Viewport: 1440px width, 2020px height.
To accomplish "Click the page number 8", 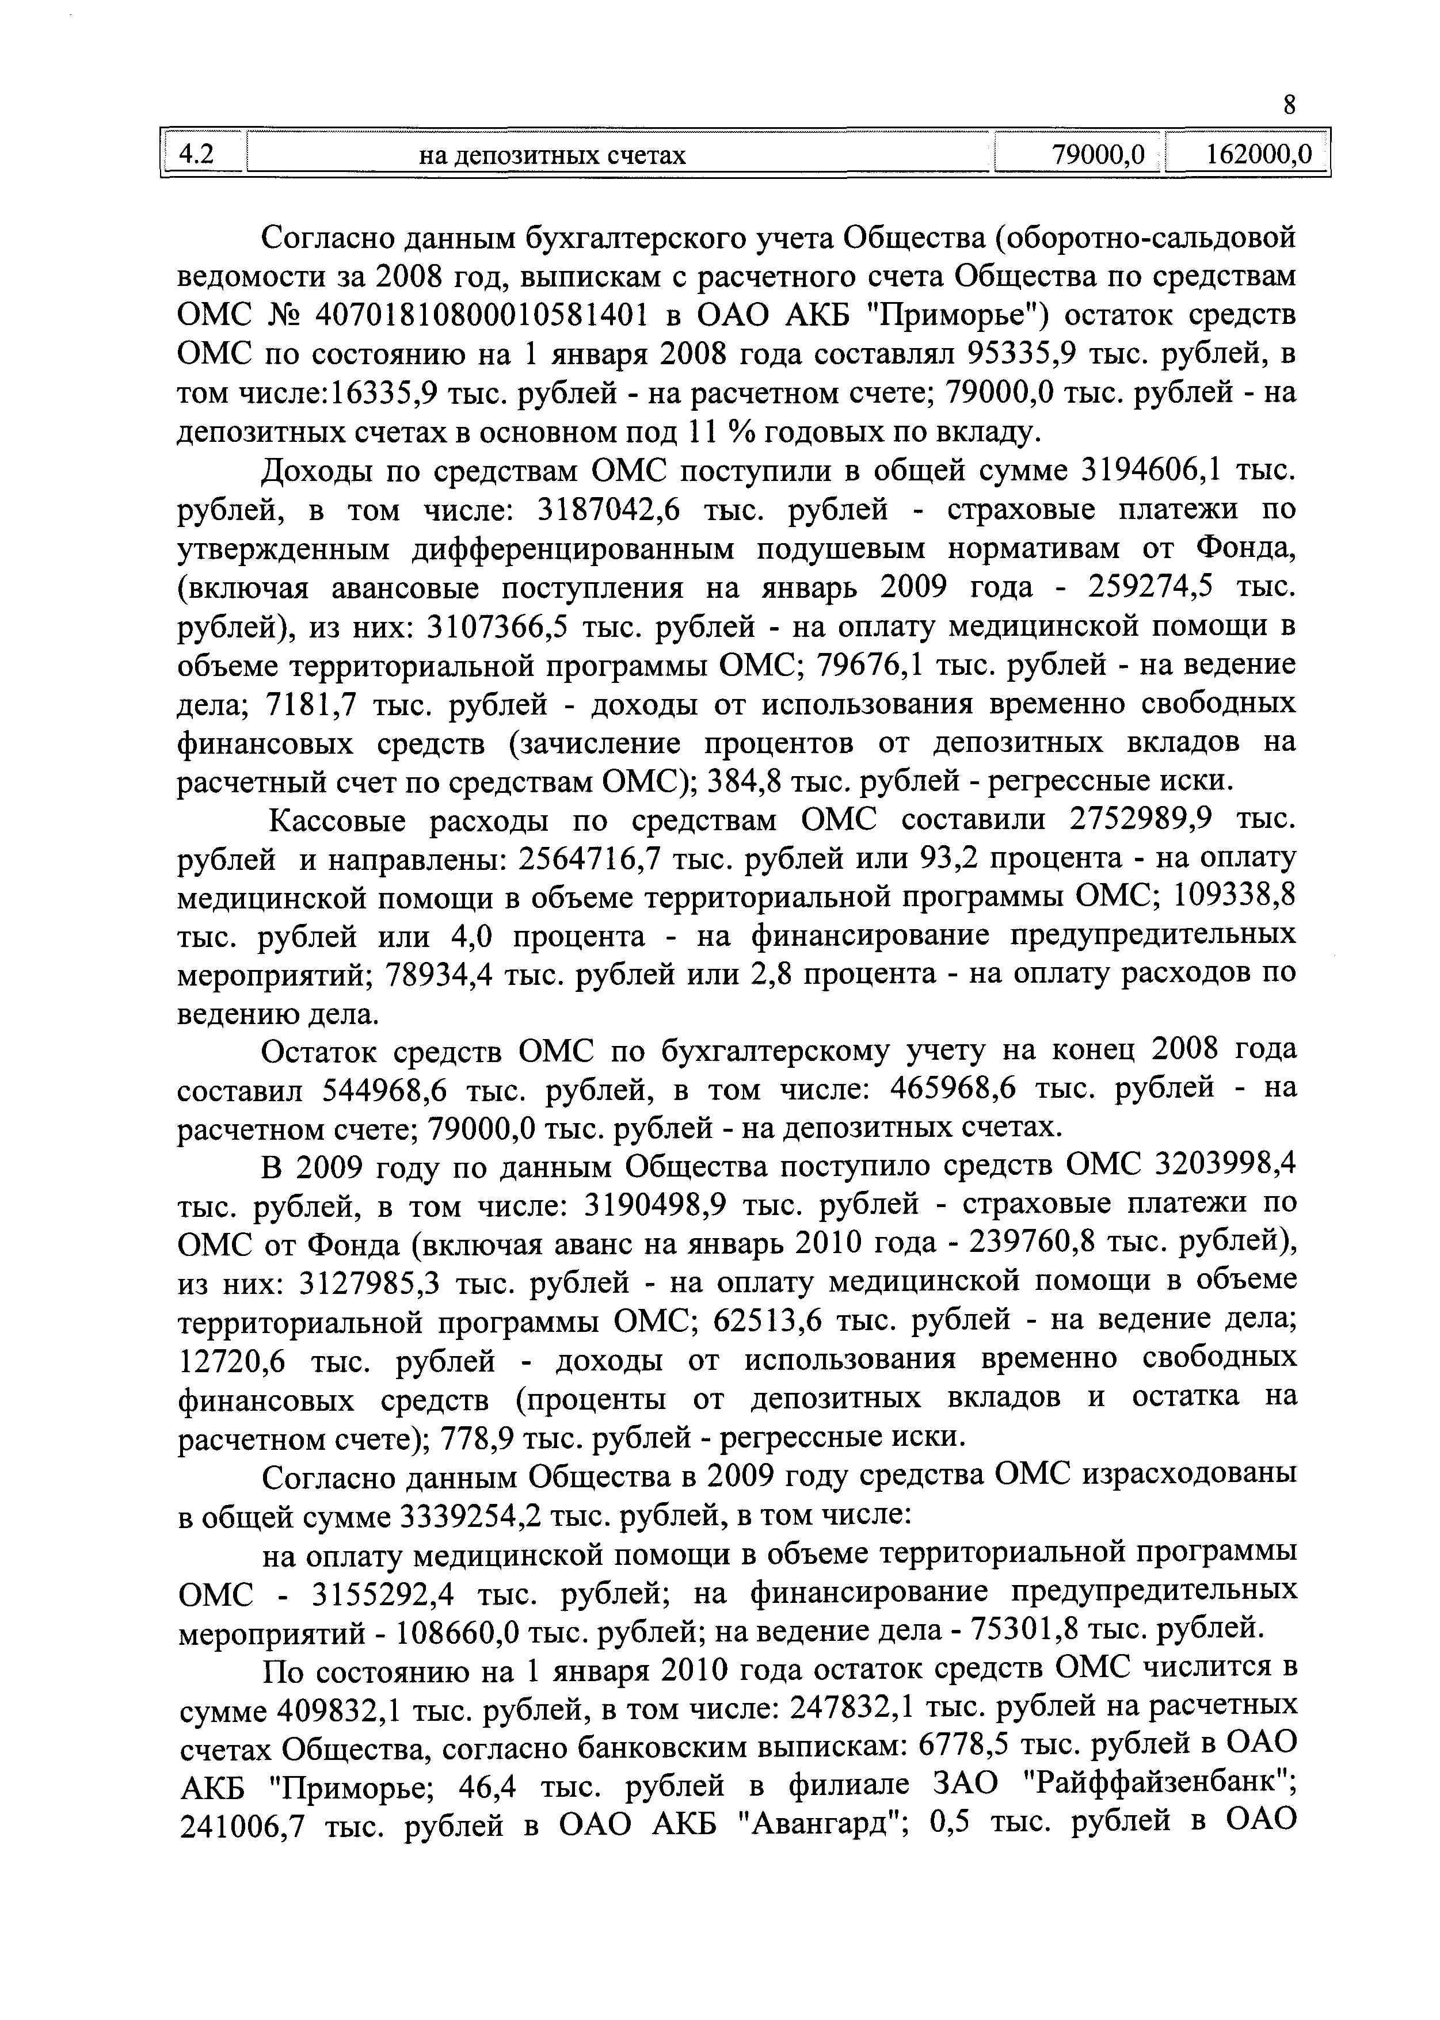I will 1289,105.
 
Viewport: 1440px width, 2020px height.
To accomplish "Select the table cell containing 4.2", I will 201,154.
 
